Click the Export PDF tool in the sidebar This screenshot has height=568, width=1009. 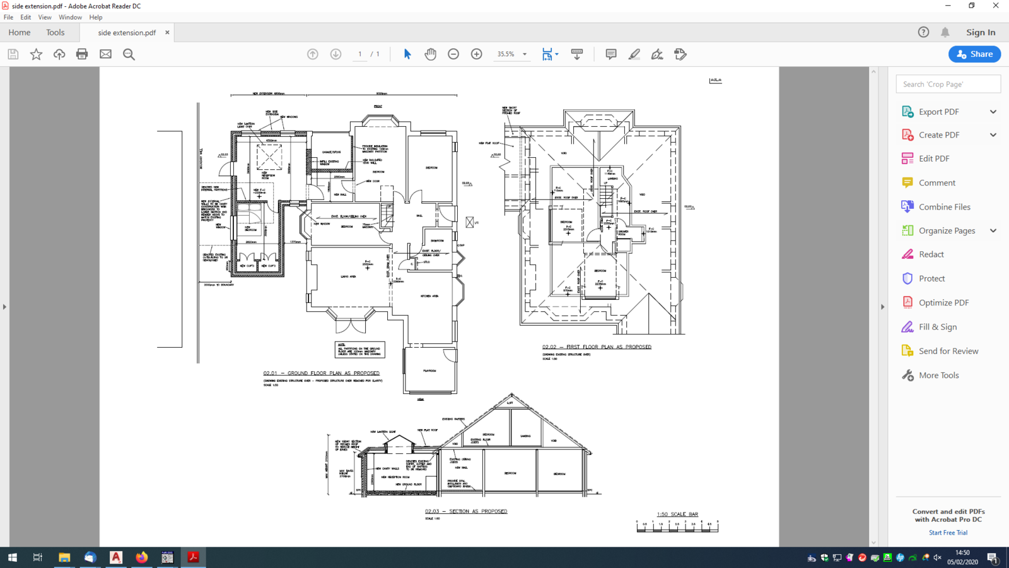point(938,112)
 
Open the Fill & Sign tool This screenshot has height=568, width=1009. point(937,327)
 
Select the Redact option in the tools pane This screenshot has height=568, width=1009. point(931,254)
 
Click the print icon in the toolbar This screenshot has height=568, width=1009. point(82,54)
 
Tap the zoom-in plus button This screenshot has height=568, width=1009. point(477,54)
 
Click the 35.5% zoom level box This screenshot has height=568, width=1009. point(506,54)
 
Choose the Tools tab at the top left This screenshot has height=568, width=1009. point(55,32)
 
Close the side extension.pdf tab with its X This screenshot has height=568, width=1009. point(167,32)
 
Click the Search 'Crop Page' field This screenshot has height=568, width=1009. point(948,84)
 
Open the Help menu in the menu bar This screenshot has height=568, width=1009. point(96,17)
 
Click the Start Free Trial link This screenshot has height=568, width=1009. point(948,533)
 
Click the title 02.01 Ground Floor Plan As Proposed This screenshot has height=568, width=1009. point(322,373)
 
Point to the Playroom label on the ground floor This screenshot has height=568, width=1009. point(429,370)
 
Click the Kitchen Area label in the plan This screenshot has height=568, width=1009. point(429,296)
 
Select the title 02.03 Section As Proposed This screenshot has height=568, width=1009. point(466,511)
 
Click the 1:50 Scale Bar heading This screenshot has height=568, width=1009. point(677,514)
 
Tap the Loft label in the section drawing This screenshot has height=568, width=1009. point(510,402)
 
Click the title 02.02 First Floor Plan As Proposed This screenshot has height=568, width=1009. point(597,347)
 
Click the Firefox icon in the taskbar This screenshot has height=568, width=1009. point(142,557)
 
